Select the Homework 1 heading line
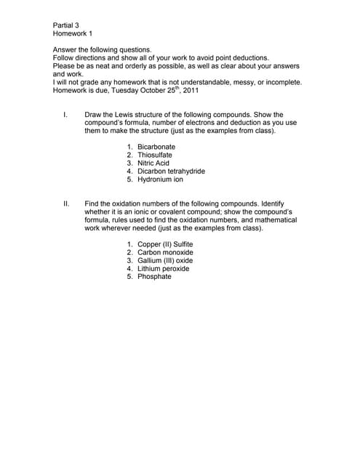coord(72,33)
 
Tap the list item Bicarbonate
coord(156,147)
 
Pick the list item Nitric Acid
coord(153,163)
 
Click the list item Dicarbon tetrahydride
coord(171,171)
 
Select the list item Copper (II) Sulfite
coord(165,244)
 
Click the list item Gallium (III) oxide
coord(165,260)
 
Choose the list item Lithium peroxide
coord(163,268)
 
